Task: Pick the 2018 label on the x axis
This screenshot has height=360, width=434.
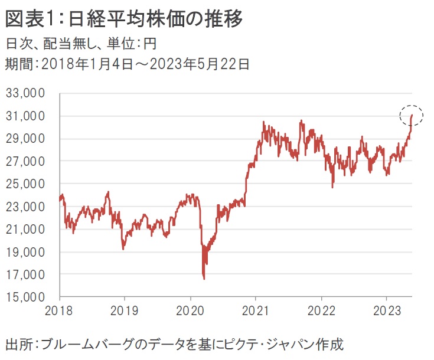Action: [x=59, y=309]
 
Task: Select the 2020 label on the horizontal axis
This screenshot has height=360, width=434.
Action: [x=190, y=309]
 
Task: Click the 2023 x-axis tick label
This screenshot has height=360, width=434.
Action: [x=386, y=309]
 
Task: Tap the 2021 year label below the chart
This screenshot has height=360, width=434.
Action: [x=255, y=309]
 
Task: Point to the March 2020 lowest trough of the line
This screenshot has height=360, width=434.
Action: [x=204, y=278]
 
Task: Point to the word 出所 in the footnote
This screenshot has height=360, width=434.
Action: [x=17, y=344]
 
